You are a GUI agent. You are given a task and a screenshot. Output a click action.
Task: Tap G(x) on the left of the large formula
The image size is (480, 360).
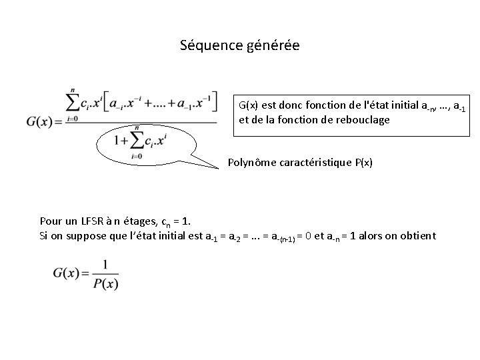point(44,122)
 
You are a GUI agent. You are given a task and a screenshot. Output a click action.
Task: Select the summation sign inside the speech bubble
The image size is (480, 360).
point(137,140)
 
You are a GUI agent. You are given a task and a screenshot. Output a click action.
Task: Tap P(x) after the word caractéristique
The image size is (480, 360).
point(362,162)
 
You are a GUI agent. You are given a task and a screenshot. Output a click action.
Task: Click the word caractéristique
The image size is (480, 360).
point(318,162)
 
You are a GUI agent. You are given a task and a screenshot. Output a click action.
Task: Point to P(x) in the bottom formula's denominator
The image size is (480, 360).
point(105,283)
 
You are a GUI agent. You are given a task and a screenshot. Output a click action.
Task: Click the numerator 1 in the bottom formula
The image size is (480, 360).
point(105,265)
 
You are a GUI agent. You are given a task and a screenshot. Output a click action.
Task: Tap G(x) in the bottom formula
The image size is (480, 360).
point(67,274)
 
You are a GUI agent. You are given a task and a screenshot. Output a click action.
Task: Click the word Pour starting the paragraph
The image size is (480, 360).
point(51,221)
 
